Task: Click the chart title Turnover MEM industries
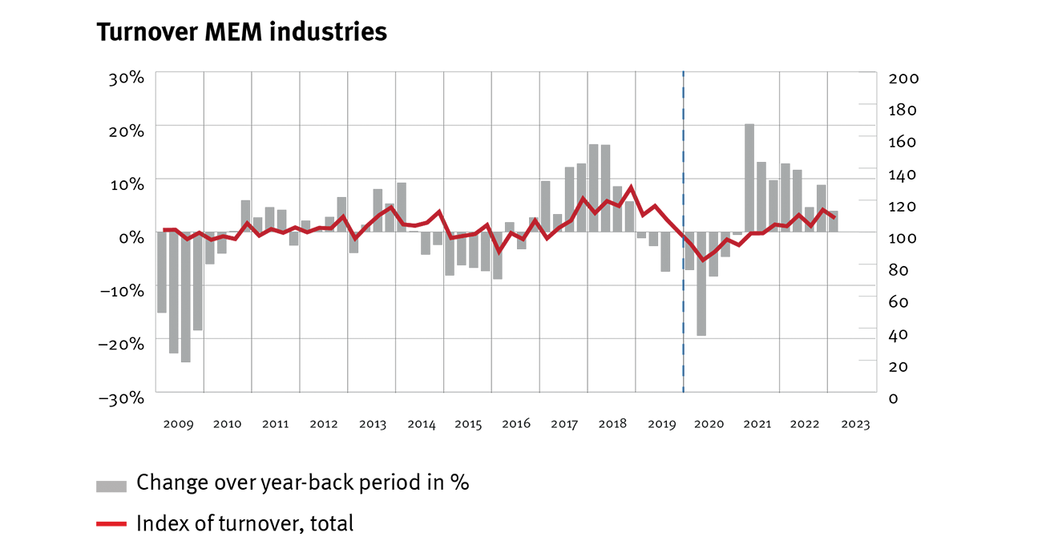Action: (241, 32)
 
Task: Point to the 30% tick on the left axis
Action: (127, 79)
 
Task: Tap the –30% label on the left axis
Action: (121, 398)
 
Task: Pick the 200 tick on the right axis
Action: (903, 79)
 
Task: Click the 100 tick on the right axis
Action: (903, 238)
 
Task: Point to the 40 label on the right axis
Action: (899, 334)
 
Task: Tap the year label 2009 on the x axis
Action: (179, 424)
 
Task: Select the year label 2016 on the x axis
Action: (515, 424)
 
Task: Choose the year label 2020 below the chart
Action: (708, 424)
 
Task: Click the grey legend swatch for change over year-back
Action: (111, 486)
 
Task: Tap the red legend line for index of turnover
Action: (111, 524)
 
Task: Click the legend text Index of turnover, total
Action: (244, 524)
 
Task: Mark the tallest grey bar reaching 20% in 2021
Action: (749, 178)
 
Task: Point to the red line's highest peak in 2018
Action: (632, 188)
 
